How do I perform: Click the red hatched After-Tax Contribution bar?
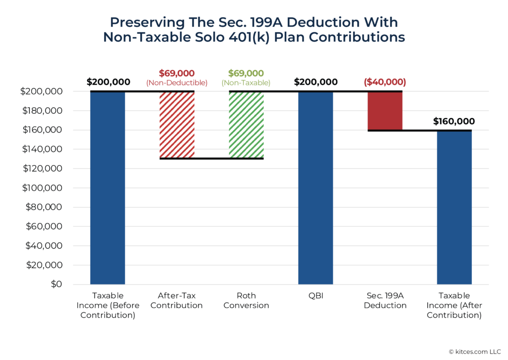point(177,125)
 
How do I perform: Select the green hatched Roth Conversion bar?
point(246,125)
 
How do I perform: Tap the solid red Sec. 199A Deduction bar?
point(385,111)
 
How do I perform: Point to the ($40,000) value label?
point(385,82)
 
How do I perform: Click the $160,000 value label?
point(454,121)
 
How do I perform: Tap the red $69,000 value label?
point(177,73)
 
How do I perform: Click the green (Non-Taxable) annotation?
point(246,82)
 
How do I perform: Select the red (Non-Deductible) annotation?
point(177,82)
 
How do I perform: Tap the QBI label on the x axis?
point(316,296)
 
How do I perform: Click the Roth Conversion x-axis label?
point(246,300)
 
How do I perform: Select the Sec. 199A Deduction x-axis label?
point(385,300)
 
